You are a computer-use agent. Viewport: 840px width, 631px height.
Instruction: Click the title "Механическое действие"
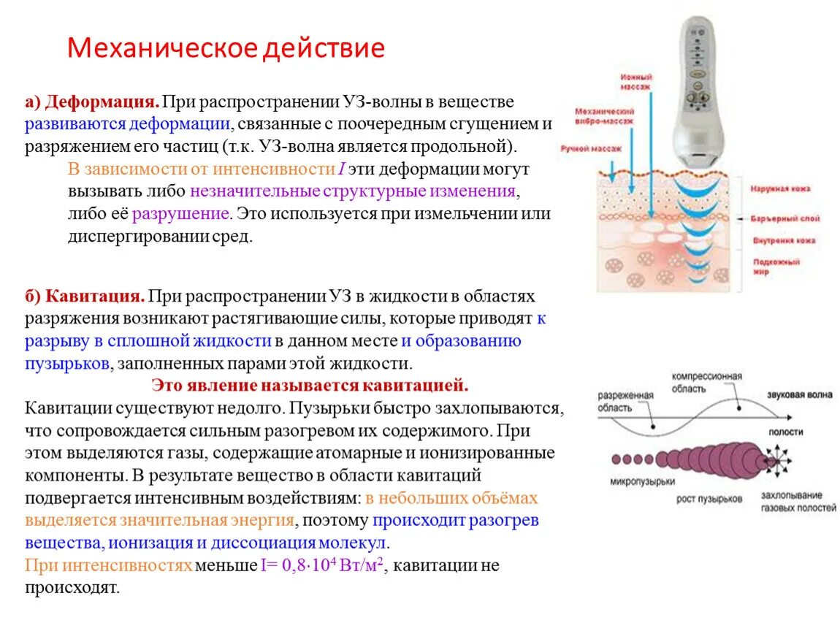point(226,49)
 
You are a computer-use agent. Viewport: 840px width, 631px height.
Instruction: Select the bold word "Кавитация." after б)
point(94,297)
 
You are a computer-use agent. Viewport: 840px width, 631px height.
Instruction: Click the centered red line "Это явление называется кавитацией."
point(310,385)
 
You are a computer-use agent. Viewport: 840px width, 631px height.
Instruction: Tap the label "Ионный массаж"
point(636,80)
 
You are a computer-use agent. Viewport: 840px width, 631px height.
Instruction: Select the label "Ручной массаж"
point(591,148)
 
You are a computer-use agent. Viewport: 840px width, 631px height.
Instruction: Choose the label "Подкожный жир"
point(775,265)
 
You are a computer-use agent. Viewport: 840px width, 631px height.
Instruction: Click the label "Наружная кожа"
point(780,188)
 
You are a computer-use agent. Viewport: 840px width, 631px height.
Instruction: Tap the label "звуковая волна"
point(798,395)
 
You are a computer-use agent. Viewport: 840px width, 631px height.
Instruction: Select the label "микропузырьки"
point(642,482)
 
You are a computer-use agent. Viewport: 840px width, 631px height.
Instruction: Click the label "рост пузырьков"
point(709,499)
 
